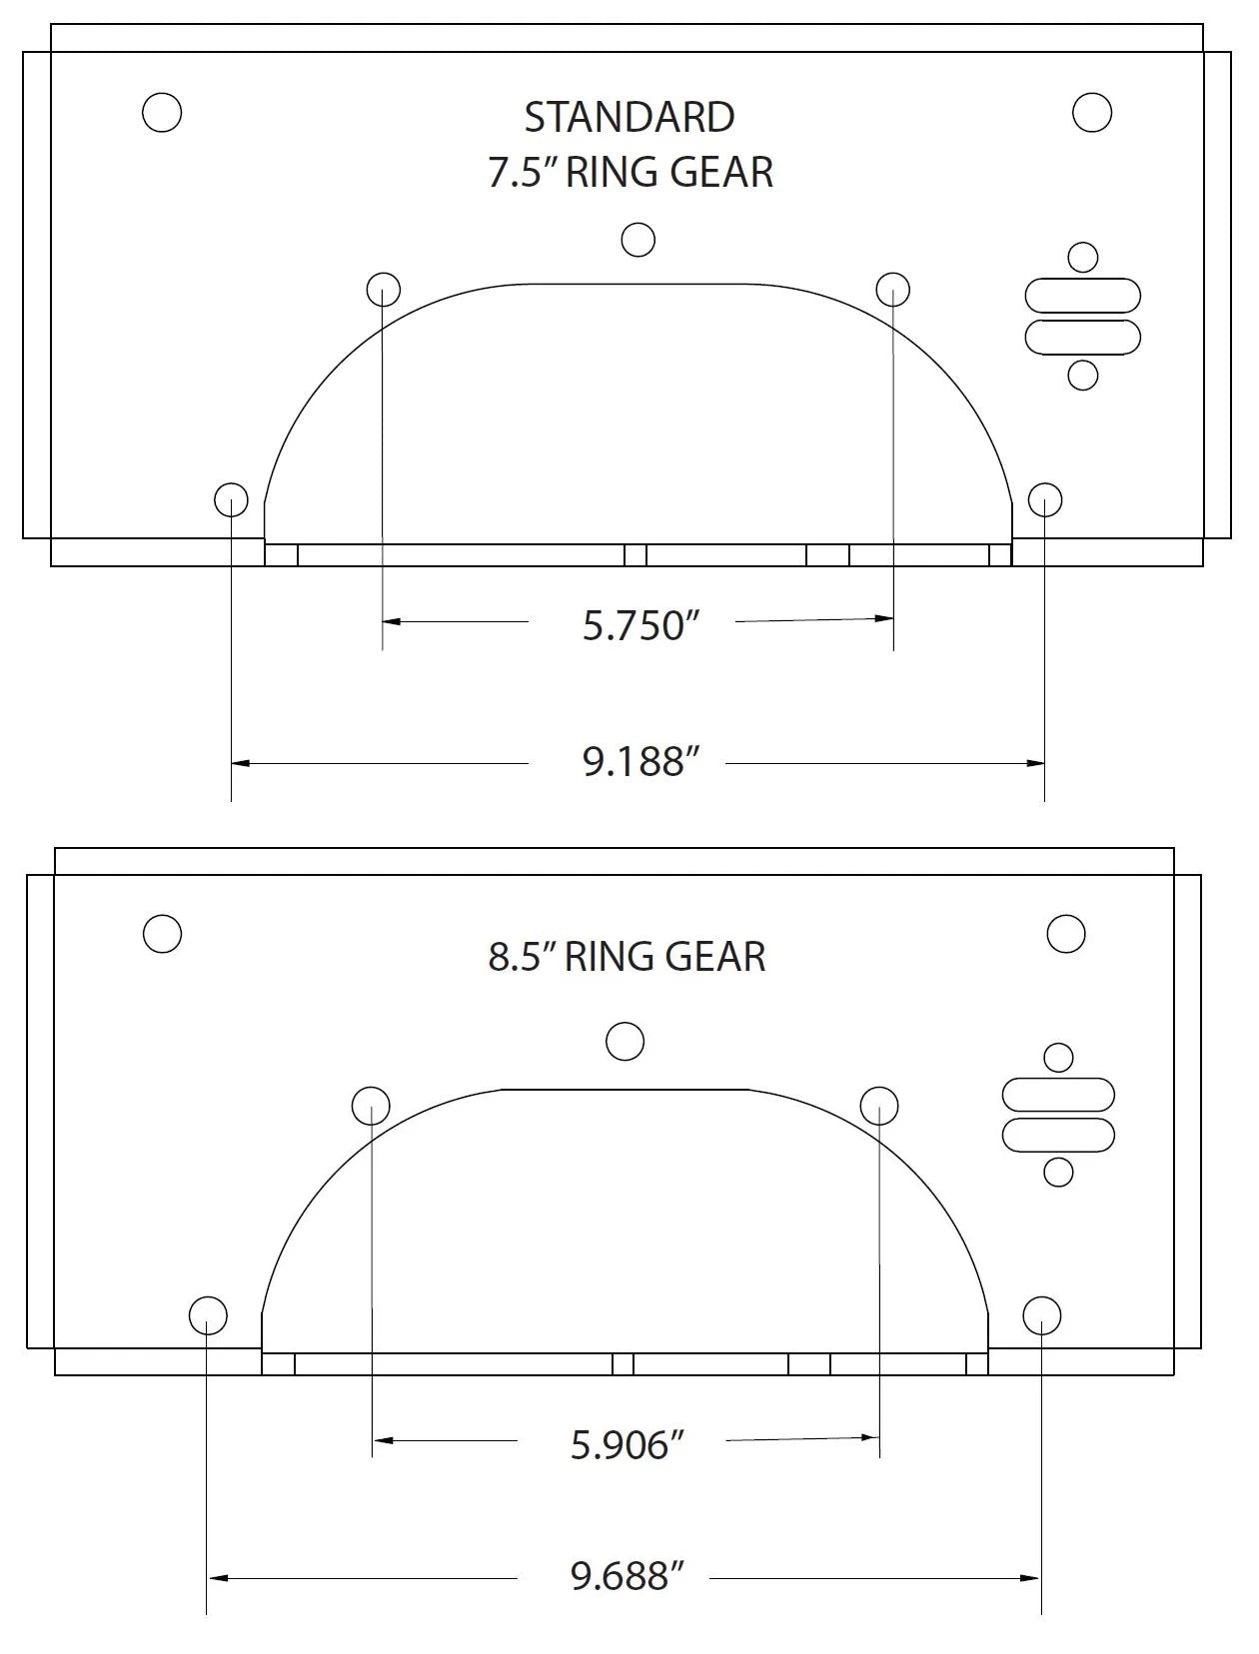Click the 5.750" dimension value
point(638,626)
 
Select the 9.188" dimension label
point(638,762)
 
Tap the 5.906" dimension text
point(627,1444)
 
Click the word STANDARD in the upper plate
point(629,118)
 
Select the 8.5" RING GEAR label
point(627,957)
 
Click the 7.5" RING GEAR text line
point(629,173)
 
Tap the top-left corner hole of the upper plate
point(162,112)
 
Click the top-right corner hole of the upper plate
point(1092,112)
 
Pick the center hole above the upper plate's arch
point(637,240)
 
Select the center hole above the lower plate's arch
point(626,1042)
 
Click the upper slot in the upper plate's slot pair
point(1083,297)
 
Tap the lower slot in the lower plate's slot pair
point(1058,1135)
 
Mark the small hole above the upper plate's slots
point(1083,258)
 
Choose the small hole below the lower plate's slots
point(1058,1172)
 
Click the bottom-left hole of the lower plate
point(208,1315)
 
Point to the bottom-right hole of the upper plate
point(1045,499)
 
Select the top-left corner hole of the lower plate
point(162,934)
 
